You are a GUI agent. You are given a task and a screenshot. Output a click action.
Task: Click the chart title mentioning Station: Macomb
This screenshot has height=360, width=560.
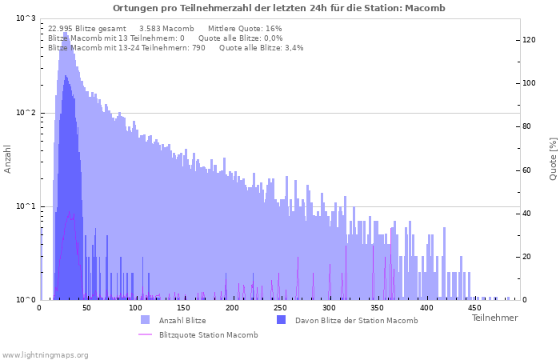coord(279,8)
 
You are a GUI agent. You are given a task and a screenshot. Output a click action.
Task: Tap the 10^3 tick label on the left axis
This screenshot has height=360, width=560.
coord(26,18)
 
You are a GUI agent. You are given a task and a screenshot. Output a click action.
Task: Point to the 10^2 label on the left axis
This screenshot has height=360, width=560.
coord(26,113)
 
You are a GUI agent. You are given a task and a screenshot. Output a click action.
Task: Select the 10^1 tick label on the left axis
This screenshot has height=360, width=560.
coord(26,206)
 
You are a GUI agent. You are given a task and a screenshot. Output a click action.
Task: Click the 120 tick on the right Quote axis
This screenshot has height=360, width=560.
coord(530,40)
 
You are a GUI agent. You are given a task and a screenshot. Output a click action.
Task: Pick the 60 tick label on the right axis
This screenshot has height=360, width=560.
coord(527,170)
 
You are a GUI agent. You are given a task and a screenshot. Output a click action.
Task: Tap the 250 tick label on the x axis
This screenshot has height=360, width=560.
coord(280,308)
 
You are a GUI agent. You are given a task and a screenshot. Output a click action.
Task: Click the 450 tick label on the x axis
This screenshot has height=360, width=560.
coord(474,308)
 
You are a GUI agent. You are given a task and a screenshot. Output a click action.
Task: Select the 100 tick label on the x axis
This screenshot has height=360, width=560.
coord(135,308)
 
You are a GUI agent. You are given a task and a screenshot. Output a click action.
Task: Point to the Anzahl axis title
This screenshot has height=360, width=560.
coord(7,159)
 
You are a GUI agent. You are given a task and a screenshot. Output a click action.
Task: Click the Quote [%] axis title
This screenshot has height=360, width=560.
coord(553,159)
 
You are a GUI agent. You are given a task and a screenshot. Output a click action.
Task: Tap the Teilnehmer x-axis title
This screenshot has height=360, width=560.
coord(494,318)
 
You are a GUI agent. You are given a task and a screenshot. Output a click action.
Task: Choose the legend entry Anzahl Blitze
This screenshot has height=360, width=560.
coord(182,321)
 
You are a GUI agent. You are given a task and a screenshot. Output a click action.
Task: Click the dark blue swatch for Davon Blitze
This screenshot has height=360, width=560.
coord(282,320)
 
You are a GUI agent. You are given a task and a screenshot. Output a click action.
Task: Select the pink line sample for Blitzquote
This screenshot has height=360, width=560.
coord(146,334)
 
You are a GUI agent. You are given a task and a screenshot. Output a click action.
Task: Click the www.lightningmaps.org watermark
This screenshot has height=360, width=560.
coord(45,355)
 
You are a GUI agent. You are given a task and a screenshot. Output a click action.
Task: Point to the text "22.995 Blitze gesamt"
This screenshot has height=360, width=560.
coord(87,29)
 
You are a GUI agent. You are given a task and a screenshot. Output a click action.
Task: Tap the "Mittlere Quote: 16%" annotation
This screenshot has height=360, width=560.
coord(245,29)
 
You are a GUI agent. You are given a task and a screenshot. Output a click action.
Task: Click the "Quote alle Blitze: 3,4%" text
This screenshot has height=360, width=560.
coord(262,48)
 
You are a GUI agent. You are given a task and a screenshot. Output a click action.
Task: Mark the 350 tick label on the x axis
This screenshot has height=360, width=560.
coord(377,308)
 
